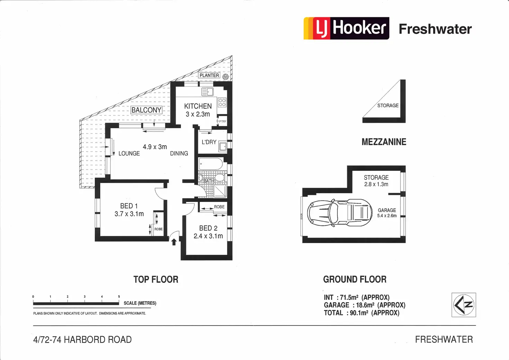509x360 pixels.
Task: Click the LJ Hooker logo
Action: (346, 28)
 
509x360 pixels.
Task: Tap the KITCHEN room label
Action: (198, 106)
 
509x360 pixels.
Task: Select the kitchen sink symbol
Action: (207, 92)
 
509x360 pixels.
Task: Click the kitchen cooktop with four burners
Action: (222, 102)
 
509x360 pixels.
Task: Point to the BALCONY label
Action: (146, 110)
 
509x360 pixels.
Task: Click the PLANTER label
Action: (209, 75)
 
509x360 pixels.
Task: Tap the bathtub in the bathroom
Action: (211, 164)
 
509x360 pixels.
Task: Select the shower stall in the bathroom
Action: (220, 191)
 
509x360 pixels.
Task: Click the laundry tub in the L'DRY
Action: (223, 147)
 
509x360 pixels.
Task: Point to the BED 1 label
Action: (129, 206)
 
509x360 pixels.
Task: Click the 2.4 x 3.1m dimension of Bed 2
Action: (208, 236)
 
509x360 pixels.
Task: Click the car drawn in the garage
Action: (339, 213)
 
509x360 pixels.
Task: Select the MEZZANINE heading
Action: (384, 142)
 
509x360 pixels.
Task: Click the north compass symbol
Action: (464, 305)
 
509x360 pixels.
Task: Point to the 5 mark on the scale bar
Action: (119, 297)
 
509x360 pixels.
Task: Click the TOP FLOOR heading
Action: (156, 279)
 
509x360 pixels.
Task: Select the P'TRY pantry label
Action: (222, 121)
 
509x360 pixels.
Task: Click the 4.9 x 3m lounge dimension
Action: (155, 147)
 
